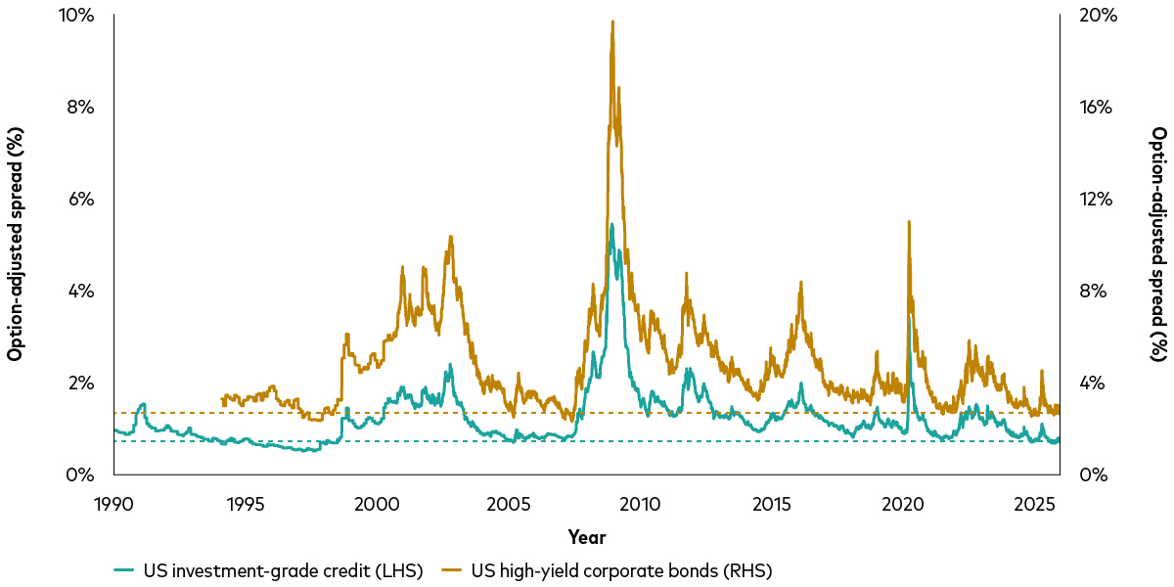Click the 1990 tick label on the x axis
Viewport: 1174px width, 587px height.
(x=113, y=505)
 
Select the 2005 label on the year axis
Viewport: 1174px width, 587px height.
(x=509, y=505)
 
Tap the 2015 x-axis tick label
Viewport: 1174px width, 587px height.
(x=772, y=505)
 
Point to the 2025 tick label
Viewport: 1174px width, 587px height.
(x=1035, y=505)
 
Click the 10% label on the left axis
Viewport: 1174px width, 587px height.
(x=76, y=16)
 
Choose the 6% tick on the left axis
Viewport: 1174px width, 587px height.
(x=80, y=200)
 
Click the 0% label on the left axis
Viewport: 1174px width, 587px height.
(x=80, y=474)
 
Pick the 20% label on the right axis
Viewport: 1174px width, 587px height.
(x=1099, y=16)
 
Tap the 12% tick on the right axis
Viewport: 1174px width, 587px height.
(x=1096, y=200)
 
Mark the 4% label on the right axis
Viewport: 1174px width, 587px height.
(x=1094, y=384)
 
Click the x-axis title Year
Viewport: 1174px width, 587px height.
(x=587, y=537)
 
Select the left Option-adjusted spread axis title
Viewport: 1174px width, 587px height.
(x=15, y=245)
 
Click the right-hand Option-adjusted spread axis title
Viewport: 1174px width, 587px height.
(x=1158, y=245)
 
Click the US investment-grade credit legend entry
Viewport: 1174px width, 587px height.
(x=268, y=570)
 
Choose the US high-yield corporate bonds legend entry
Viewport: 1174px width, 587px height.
(x=607, y=570)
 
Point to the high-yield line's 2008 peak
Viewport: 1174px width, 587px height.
(x=612, y=22)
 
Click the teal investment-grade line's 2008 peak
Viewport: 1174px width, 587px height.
(x=611, y=224)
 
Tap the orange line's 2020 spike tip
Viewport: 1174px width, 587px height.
(x=909, y=222)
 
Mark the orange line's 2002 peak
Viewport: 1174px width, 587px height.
(x=450, y=237)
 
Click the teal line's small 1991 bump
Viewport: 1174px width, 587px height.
(x=143, y=403)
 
